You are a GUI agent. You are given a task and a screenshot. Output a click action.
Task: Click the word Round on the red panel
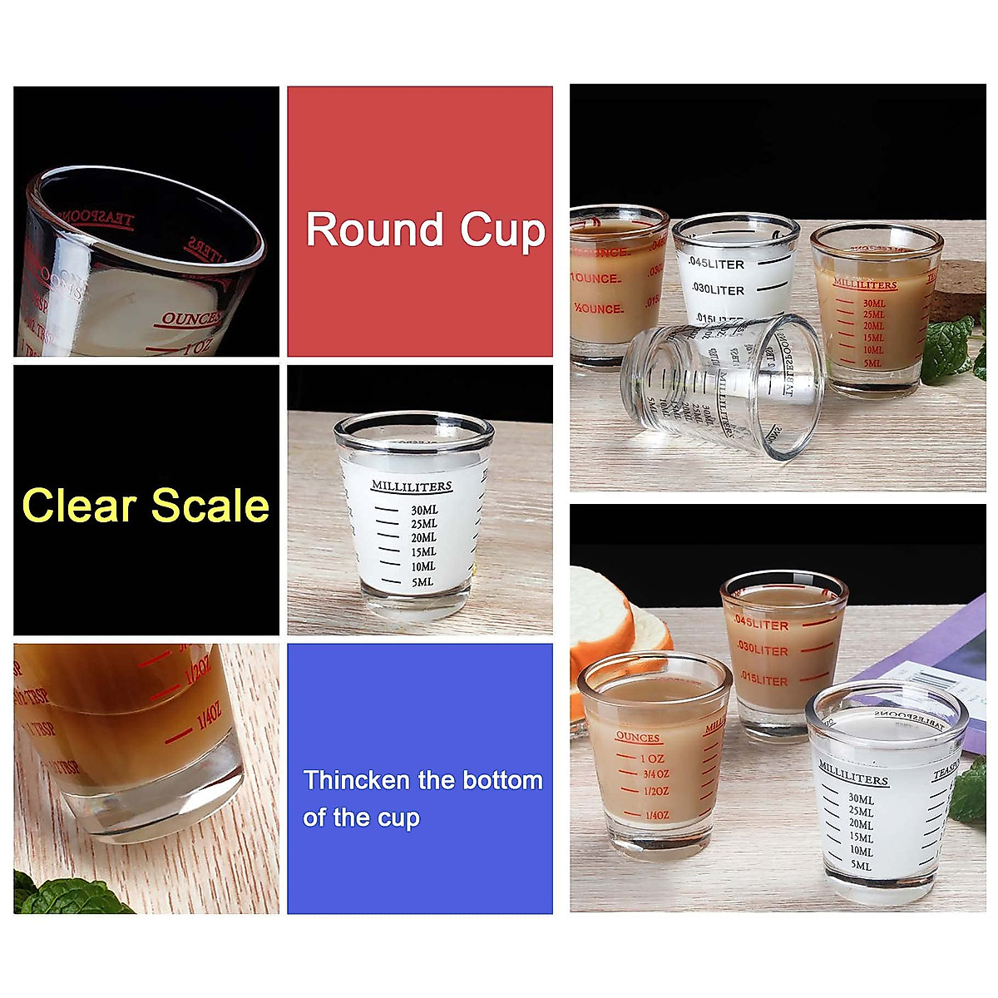click(374, 230)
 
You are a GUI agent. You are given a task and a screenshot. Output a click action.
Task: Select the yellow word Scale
click(210, 506)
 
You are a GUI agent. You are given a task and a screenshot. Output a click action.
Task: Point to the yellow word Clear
click(79, 506)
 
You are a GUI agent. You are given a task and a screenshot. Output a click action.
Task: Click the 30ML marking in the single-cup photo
click(423, 510)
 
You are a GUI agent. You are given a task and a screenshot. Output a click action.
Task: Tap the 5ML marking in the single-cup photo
click(422, 582)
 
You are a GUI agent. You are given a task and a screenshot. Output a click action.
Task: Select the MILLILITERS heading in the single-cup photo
click(411, 487)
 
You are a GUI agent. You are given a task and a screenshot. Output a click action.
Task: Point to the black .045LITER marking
click(716, 264)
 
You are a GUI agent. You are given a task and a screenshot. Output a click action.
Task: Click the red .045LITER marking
click(761, 625)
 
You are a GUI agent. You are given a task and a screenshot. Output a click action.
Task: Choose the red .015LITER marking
click(763, 680)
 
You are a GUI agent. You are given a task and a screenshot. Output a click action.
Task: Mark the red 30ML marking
click(873, 304)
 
